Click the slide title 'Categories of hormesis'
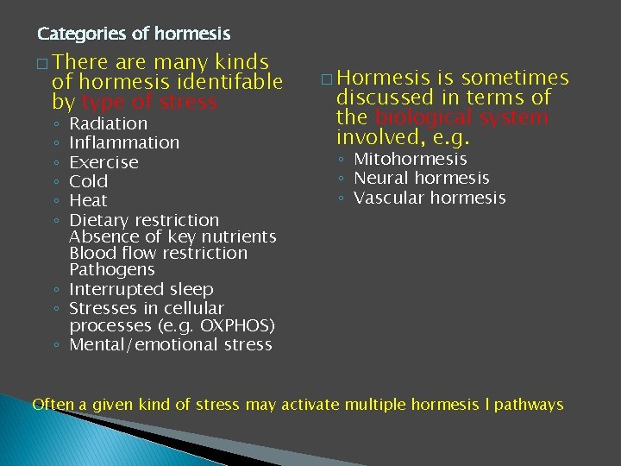(x=134, y=35)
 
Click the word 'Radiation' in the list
(x=108, y=123)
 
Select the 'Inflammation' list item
(x=124, y=142)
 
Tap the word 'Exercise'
(x=103, y=162)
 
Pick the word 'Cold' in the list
(x=88, y=181)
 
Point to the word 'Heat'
(x=88, y=200)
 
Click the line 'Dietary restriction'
(x=144, y=220)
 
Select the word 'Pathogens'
(x=105, y=269)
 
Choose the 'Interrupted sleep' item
(x=141, y=289)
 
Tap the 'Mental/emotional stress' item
(x=170, y=344)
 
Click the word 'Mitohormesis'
(x=411, y=159)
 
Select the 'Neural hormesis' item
(x=422, y=178)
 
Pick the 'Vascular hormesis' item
(x=430, y=198)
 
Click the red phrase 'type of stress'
(x=149, y=102)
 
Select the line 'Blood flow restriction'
(x=158, y=253)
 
